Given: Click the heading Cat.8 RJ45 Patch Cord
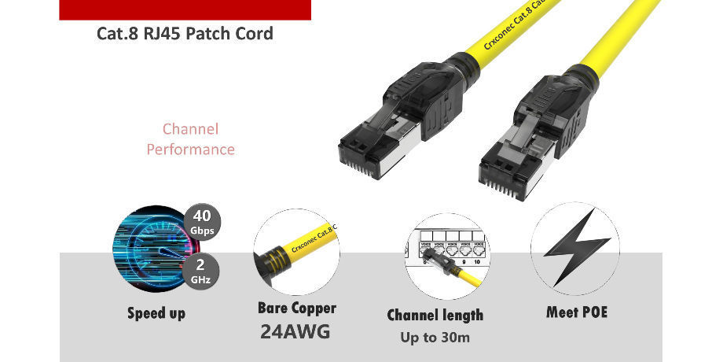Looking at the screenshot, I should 185,34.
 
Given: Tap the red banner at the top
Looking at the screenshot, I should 185,9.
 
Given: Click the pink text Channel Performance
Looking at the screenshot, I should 190,139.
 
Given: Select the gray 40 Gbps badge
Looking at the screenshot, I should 202,221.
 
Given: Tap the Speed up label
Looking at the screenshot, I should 156,313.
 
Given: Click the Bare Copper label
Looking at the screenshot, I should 296,308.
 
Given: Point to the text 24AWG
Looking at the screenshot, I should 295,331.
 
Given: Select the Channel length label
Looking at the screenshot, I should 435,315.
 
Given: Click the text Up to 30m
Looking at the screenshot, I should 435,338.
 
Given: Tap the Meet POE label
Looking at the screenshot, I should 577,312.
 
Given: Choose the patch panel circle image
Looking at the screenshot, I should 444,256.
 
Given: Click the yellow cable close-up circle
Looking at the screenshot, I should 296,252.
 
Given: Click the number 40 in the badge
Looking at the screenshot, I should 202,216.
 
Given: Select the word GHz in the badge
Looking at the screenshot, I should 200,278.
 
